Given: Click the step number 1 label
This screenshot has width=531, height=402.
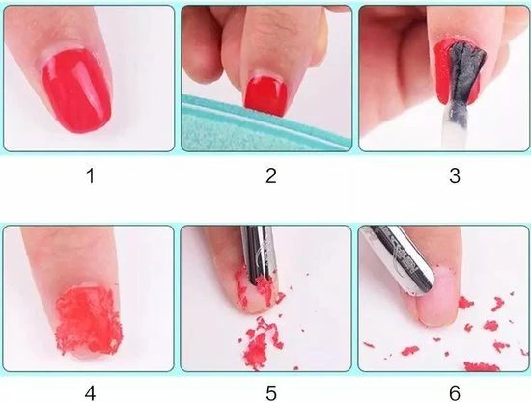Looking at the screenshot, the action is (x=91, y=176).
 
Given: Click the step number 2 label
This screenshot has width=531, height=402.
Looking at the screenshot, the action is (x=271, y=175).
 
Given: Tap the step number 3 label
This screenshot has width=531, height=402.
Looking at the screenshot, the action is (x=455, y=175).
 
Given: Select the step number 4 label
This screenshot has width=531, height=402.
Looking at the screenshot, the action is (x=90, y=393).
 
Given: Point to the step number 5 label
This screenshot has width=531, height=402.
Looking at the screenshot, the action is (x=271, y=393).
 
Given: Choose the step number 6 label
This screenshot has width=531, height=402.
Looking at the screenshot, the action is (x=455, y=393).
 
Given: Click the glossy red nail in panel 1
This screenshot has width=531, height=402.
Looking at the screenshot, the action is (x=77, y=91).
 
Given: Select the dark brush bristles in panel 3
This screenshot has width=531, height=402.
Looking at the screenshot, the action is (x=465, y=72).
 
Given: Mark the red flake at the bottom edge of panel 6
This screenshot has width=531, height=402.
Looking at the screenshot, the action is (x=481, y=366).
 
